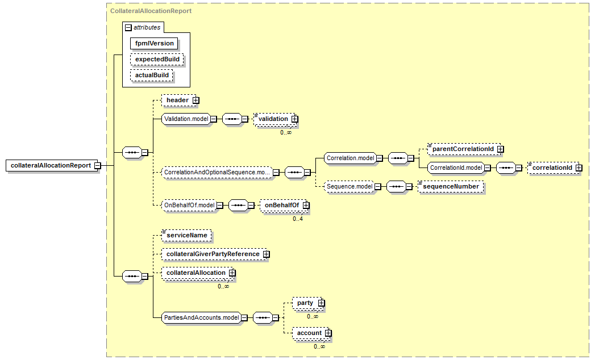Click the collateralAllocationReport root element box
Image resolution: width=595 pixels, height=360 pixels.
51,165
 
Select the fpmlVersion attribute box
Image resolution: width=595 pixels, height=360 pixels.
154,43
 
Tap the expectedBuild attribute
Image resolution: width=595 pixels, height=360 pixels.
157,59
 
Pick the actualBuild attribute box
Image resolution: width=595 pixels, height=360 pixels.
152,75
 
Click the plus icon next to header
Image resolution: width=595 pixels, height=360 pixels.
195,100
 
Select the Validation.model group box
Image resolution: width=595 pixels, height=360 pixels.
185,119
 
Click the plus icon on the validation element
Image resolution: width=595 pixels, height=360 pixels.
294,119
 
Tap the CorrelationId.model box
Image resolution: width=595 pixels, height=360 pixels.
456,168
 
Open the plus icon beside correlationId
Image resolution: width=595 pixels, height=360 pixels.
579,168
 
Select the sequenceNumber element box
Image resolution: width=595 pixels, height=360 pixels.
450,186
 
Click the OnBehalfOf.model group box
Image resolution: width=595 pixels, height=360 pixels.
189,205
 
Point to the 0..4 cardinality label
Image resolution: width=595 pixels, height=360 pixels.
298,219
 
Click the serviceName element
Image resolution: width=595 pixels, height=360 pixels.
186,235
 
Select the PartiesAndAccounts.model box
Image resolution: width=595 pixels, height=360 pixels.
201,318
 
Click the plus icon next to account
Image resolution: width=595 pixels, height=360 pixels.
328,333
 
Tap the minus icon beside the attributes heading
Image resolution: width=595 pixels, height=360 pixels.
128,27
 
